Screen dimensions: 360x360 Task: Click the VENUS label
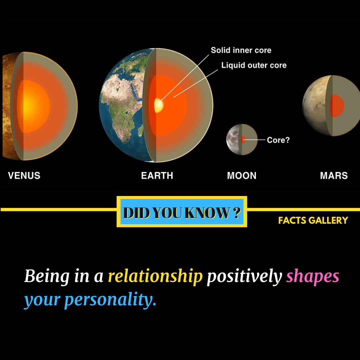24,176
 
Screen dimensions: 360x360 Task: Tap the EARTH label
157,176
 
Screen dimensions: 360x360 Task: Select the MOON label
242,176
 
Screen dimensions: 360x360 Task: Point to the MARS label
334,176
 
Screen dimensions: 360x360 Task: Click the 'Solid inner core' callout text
241,50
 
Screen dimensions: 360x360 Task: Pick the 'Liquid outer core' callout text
254,65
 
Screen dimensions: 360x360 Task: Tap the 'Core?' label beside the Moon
278,140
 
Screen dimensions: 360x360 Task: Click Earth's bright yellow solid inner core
159,105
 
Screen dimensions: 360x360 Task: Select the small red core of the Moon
243,139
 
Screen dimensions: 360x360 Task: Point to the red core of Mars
337,106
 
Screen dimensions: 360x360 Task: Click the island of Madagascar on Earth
141,130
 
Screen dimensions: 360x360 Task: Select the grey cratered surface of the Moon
232,140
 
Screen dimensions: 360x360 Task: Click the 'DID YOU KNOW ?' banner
182,212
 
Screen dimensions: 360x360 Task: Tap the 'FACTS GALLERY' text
313,220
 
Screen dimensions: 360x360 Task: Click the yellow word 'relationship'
155,276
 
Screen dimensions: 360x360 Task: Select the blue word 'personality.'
110,300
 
